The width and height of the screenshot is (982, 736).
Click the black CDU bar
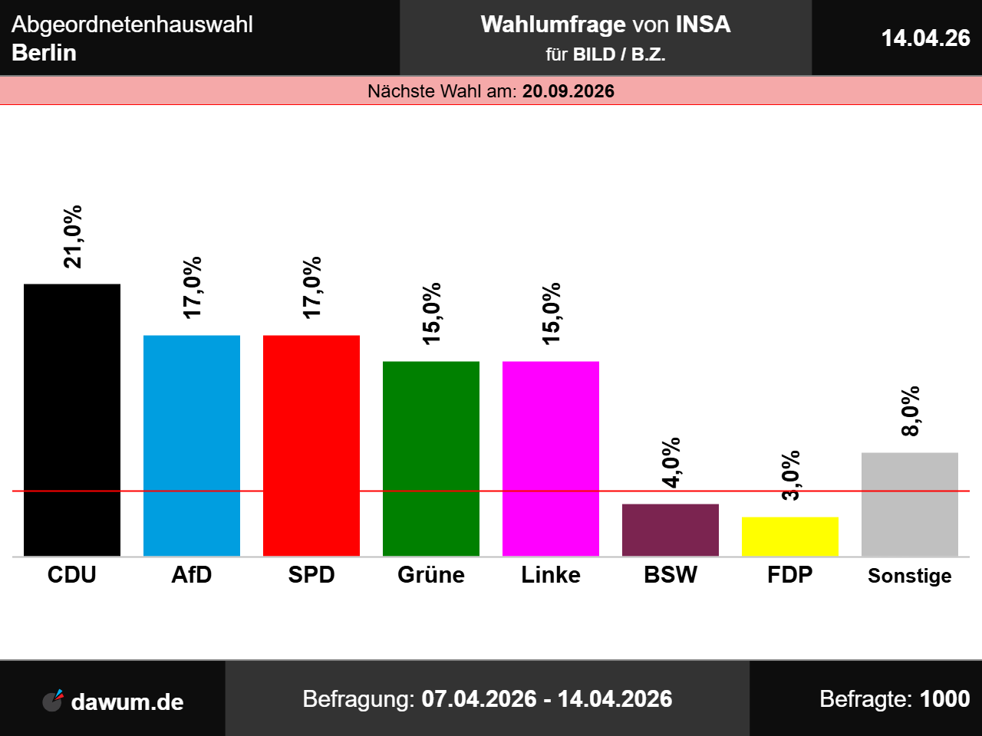click(x=72, y=420)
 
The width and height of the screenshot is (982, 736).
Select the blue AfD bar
click(x=192, y=445)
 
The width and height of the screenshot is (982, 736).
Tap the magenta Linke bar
click(x=551, y=458)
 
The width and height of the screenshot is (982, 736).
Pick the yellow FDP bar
click(x=790, y=537)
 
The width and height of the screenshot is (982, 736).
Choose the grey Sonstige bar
click(x=910, y=504)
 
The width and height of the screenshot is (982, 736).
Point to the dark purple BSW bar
click(x=671, y=530)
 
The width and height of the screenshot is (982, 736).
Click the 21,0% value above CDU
click(x=74, y=237)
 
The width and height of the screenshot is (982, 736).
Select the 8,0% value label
click(x=911, y=412)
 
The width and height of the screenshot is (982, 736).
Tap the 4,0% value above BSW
click(x=671, y=462)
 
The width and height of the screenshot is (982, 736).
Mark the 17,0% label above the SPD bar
click(x=312, y=287)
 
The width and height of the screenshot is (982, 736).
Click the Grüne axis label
click(x=431, y=575)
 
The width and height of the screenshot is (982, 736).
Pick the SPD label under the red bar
click(x=311, y=575)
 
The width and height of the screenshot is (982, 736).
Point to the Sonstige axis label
click(x=910, y=576)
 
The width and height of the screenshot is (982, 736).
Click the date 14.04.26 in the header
click(x=925, y=38)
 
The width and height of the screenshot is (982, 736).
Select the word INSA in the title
click(x=703, y=25)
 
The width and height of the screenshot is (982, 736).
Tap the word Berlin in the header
click(x=44, y=53)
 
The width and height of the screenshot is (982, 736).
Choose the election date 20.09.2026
click(x=568, y=91)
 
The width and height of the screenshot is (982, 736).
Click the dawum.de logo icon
click(x=53, y=700)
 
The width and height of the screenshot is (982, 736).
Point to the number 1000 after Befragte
click(x=944, y=699)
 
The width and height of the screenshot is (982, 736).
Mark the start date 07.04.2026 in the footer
click(x=479, y=699)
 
